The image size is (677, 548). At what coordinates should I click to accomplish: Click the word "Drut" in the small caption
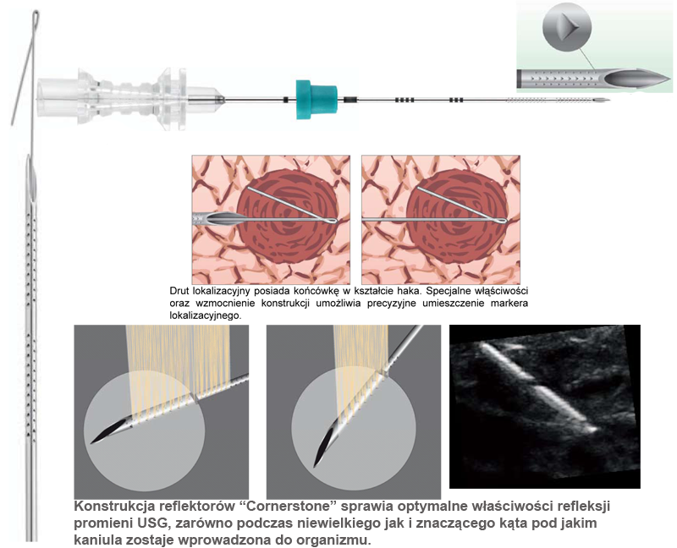tap(181, 291)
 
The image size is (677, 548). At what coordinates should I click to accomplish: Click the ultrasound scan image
tap(544, 406)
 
